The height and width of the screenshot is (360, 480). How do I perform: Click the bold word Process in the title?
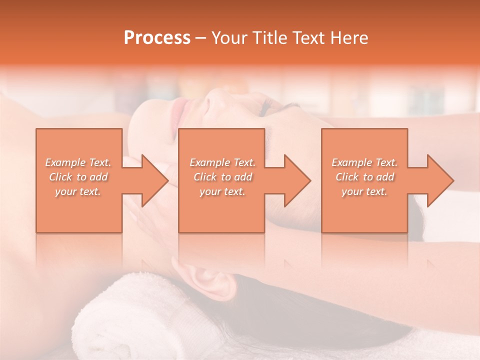157,38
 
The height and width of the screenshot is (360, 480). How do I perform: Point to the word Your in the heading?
230,38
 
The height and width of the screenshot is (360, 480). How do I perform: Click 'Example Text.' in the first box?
78,162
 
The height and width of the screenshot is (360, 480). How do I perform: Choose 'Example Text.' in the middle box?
222,162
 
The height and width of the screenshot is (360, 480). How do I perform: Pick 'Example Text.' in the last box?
364,162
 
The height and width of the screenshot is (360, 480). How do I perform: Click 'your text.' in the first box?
78,191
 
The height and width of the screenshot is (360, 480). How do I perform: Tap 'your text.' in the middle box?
222,191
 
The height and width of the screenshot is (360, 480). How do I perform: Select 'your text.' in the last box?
364,191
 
